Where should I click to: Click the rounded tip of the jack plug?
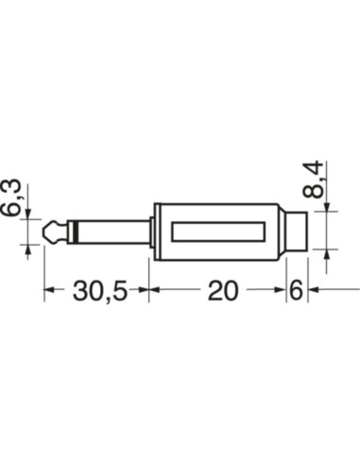[x=50, y=230]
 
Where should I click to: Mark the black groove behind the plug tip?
[x=64, y=230]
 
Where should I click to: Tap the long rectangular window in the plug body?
[x=220, y=231]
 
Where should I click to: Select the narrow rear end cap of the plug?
[x=300, y=231]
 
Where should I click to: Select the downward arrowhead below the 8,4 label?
[x=327, y=209]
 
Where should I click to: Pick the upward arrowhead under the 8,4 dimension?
[x=327, y=252]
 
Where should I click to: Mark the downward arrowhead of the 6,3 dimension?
[x=28, y=215]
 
